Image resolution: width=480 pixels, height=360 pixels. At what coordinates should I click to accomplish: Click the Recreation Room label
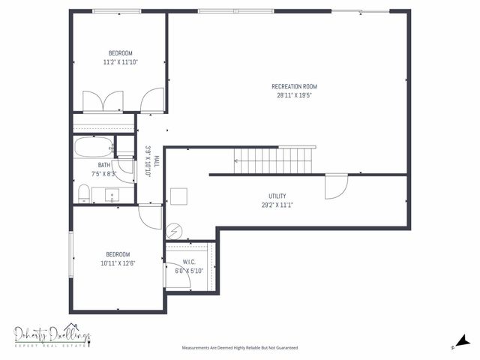click(x=289, y=87)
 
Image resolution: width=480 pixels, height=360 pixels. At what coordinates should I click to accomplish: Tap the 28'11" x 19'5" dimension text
click(x=289, y=96)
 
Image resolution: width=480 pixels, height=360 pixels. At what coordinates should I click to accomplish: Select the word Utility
click(x=277, y=196)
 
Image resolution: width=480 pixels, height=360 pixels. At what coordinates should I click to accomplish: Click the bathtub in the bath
click(x=94, y=145)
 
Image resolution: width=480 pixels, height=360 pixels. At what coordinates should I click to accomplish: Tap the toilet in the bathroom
click(x=84, y=195)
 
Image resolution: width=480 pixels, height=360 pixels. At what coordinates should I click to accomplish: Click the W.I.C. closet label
click(x=189, y=262)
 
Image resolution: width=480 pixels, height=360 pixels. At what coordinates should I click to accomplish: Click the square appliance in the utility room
click(x=178, y=195)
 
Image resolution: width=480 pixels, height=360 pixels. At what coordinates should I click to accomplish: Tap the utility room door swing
click(x=334, y=186)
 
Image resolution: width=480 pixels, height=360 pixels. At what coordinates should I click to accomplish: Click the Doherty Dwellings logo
click(x=52, y=337)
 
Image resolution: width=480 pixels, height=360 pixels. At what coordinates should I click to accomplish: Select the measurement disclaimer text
click(x=240, y=348)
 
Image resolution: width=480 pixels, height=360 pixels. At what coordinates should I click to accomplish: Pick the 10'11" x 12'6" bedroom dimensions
click(x=118, y=263)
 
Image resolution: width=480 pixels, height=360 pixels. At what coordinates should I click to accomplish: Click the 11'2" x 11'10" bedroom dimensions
click(x=120, y=62)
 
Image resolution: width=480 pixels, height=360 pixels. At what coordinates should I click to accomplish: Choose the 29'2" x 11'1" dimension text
click(x=277, y=205)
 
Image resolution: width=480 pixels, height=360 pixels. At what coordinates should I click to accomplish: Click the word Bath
click(x=103, y=165)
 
